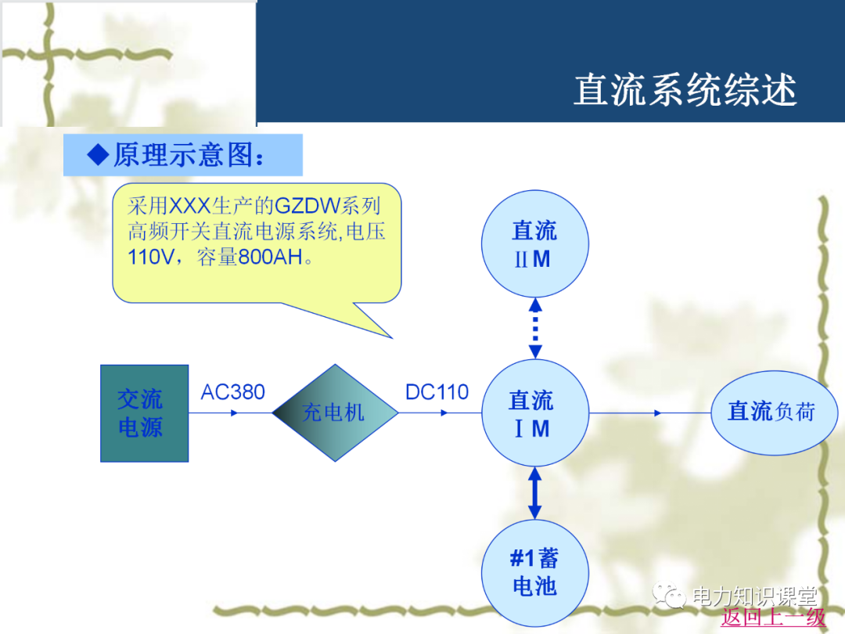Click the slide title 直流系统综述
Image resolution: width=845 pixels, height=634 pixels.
685,90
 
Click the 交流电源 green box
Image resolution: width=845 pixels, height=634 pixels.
144,413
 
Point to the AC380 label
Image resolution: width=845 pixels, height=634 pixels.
232,392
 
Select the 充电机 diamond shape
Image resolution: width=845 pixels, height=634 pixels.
335,412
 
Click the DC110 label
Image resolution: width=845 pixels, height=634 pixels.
437,392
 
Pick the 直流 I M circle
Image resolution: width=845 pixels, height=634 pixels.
534,413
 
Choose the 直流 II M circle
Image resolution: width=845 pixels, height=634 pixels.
534,243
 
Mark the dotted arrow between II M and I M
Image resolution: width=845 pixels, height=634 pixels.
534,329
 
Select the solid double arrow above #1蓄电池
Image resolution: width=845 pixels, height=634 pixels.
534,493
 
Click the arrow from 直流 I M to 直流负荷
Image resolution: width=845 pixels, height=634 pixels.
649,412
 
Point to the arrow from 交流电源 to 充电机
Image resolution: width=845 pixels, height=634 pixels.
230,412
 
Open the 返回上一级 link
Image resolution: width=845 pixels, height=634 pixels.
773,617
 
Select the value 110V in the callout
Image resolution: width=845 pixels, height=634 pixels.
153,258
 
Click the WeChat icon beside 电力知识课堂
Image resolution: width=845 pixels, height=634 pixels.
671,596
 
